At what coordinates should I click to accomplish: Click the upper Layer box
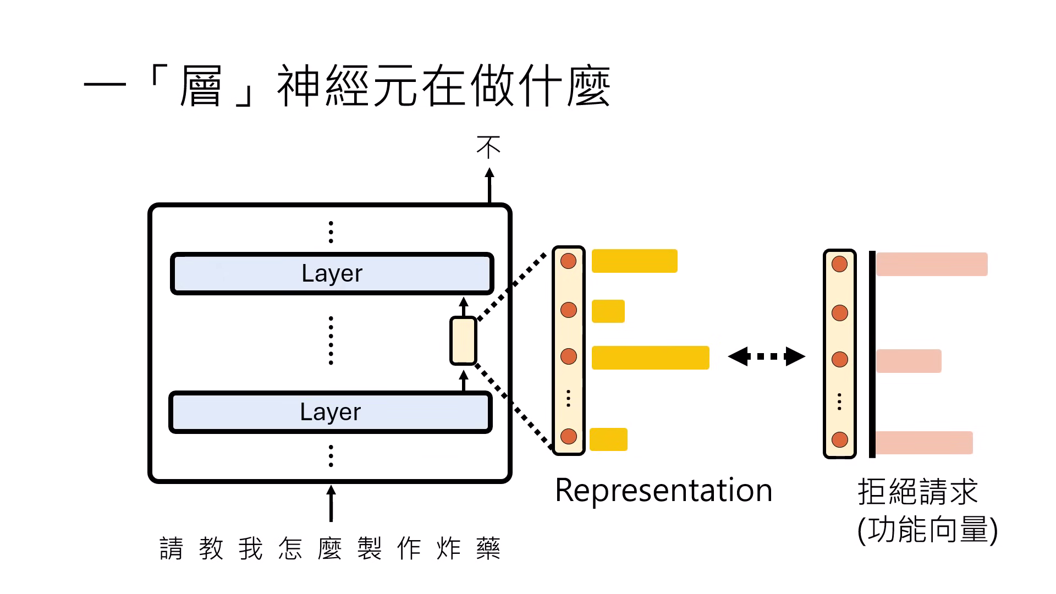[332, 273]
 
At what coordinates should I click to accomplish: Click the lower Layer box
[330, 412]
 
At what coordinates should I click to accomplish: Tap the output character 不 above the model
[489, 147]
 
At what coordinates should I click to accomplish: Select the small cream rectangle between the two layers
[463, 340]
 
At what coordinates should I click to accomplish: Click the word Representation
[664, 490]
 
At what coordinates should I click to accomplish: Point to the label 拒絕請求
[917, 491]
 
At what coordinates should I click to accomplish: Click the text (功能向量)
[927, 530]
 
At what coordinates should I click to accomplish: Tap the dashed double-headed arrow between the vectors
[766, 356]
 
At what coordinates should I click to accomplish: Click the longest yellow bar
[650, 358]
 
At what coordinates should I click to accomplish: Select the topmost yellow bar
[634, 261]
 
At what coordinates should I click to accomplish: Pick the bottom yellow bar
[608, 439]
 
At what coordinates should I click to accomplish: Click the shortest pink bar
[909, 361]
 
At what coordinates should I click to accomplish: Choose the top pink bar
[932, 264]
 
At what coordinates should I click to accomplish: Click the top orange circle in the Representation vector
[568, 261]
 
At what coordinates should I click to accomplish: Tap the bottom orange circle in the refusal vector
[839, 439]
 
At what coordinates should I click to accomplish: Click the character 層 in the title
[200, 86]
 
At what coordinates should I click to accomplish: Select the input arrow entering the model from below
[331, 503]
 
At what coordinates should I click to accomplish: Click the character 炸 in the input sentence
[448, 548]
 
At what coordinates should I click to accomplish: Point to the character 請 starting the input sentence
[171, 548]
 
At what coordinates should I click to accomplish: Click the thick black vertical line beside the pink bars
[872, 354]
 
